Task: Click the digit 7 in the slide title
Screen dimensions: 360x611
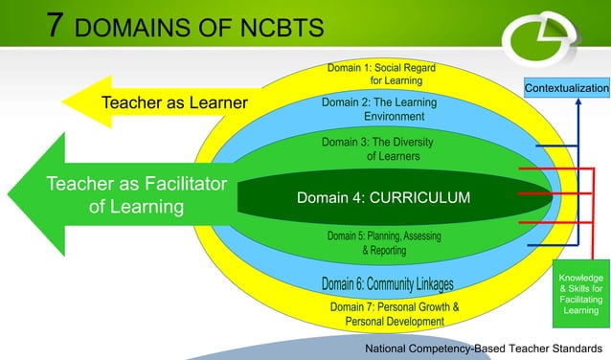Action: tap(59, 25)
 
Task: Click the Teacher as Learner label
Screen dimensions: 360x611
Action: tap(174, 102)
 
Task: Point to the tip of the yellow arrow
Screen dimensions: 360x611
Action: tap(65, 101)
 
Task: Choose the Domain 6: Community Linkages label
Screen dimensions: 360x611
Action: tap(387, 283)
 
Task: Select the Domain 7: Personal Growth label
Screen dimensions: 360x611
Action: tap(395, 314)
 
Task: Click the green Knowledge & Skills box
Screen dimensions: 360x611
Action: tap(581, 294)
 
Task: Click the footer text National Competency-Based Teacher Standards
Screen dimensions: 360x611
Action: tap(483, 348)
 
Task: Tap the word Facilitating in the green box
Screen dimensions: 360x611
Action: tap(581, 300)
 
